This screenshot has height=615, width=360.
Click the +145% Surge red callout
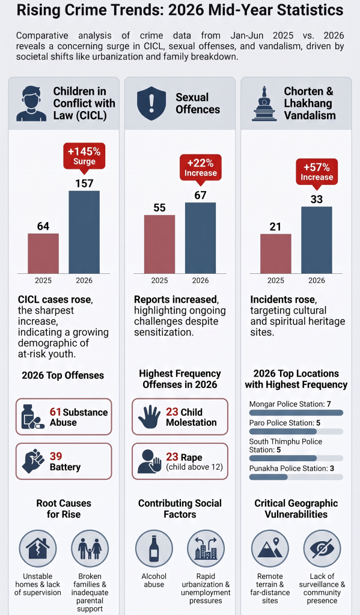coord(84,156)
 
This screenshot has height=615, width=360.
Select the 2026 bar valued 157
coord(84,232)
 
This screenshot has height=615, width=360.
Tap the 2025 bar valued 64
coord(43,253)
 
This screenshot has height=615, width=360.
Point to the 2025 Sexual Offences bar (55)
coord(159,244)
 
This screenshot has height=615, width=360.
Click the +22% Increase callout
coord(200,168)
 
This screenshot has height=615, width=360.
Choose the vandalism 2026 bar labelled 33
coord(316,240)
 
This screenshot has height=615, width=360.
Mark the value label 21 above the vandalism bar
coord(276,226)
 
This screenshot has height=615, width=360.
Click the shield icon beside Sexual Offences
coord(151,103)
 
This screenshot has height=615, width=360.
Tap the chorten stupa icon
coord(264,103)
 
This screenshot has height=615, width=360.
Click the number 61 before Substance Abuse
coord(55,412)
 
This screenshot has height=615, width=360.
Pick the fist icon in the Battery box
coord(34,461)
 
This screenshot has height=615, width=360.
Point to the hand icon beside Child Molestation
coord(149,417)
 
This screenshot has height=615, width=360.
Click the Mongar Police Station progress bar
coord(296,413)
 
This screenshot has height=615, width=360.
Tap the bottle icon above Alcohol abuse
coord(154,549)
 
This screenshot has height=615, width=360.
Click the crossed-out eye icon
coord(322,549)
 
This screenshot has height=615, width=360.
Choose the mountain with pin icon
coord(270,548)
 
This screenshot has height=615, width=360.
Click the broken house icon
coord(38,548)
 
